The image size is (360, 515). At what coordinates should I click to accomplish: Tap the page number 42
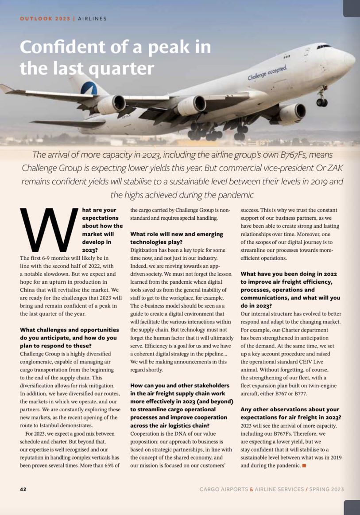coord(23,489)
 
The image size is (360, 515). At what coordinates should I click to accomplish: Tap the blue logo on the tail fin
coord(89,89)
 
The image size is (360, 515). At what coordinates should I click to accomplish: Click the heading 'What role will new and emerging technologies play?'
coord(177,238)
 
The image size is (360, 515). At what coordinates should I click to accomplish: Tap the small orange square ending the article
coord(304,465)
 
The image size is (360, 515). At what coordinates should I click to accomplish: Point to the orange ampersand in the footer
coord(252,489)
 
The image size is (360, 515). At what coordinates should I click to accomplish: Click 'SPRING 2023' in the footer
coord(326,489)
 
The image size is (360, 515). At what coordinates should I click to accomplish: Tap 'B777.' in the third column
coord(299,394)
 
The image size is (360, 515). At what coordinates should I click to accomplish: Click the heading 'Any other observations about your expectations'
coord(290,414)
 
